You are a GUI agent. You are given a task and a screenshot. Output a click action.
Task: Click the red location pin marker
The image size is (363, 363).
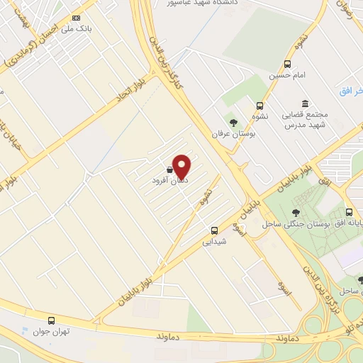pos(182,166)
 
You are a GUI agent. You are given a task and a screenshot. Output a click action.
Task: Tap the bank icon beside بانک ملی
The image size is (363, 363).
pos(77,18)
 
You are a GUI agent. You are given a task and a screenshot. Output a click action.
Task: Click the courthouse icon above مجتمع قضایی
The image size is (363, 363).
pos(305,104)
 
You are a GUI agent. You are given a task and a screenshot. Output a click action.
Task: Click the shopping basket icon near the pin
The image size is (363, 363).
pos(169,170)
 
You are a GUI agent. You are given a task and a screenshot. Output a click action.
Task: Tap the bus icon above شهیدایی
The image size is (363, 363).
pos(215,230)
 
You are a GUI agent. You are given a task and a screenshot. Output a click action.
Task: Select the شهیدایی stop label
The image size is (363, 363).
pos(215,242)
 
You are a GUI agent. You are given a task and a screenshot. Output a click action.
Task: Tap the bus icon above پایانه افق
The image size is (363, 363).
pos(349,212)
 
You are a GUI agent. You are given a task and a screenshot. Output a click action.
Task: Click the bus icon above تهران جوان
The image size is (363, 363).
pos(50,320)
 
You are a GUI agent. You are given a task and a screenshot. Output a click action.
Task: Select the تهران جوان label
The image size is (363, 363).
pos(50,331)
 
